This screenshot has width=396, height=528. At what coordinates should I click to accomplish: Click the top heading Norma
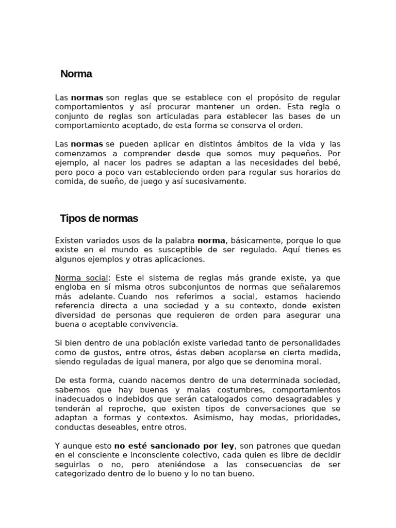76,74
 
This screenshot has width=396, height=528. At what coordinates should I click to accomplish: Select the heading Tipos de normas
99,218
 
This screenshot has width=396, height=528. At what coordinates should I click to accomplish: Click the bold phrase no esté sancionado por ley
174,445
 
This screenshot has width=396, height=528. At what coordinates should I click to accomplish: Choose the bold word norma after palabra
211,240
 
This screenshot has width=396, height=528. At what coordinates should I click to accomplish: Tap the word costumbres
239,390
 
